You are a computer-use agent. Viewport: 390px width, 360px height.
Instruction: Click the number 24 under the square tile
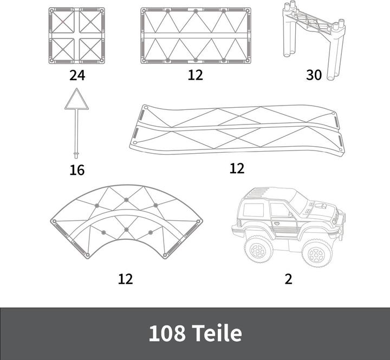pyautogui.click(x=77, y=75)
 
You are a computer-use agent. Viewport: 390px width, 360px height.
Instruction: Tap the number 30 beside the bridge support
pyautogui.click(x=314, y=75)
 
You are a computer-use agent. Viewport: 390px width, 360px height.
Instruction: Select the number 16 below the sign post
pyautogui.click(x=77, y=170)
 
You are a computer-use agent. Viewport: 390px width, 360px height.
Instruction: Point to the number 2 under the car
pyautogui.click(x=289, y=279)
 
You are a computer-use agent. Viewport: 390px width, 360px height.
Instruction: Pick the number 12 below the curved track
pyautogui.click(x=125, y=279)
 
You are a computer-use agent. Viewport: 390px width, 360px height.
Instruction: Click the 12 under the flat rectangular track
pyautogui.click(x=196, y=75)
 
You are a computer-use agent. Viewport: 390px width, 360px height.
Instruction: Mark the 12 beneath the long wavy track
pyautogui.click(x=237, y=168)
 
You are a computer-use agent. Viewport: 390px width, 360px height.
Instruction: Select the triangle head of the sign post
pyautogui.click(x=76, y=101)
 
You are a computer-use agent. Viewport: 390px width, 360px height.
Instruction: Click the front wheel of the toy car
pyautogui.click(x=317, y=252)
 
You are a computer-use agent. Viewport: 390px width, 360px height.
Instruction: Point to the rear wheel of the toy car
pyautogui.click(x=259, y=248)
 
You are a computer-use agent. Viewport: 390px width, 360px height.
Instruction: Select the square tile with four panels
pyautogui.click(x=77, y=36)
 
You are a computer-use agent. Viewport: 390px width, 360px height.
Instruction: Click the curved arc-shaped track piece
pyautogui.click(x=126, y=217)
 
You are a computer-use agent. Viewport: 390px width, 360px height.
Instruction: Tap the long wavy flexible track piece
pyautogui.click(x=237, y=130)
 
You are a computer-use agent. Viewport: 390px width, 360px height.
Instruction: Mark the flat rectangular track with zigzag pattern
pyautogui.click(x=196, y=36)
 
